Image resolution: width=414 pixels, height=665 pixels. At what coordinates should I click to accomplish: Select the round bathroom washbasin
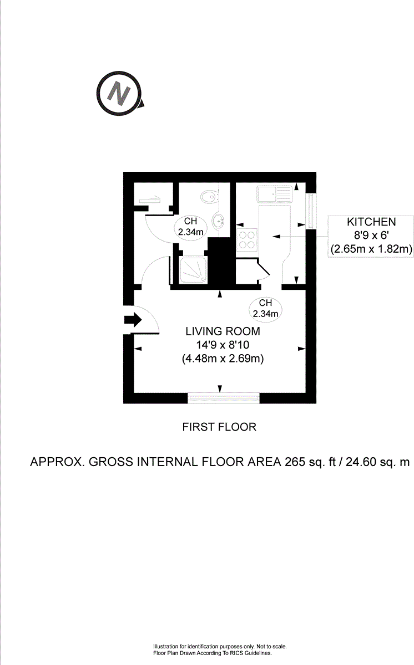(221, 222)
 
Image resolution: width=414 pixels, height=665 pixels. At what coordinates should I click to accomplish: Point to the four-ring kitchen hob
(247, 238)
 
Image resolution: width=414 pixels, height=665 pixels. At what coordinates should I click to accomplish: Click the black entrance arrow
(134, 320)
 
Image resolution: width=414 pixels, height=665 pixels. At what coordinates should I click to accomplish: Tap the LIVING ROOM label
(223, 332)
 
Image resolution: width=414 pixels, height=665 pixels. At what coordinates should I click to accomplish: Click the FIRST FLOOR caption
(219, 427)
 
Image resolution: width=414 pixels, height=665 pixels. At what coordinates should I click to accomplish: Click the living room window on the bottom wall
(224, 397)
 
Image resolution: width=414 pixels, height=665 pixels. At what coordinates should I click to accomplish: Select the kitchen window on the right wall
(311, 211)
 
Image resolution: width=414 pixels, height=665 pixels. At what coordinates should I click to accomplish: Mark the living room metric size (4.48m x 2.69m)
(223, 359)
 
